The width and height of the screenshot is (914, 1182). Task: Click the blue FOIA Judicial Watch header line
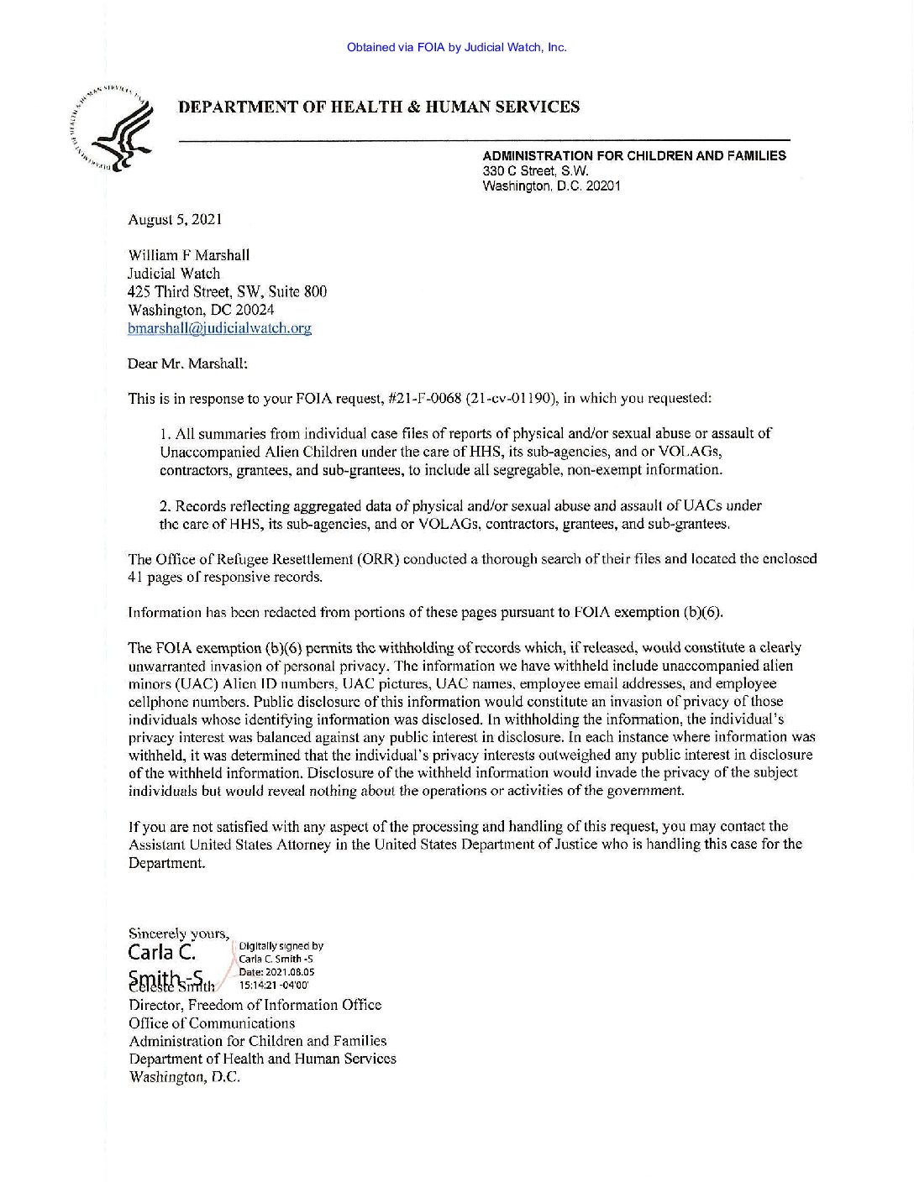[x=456, y=48]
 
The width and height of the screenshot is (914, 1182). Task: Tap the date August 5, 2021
[x=175, y=220]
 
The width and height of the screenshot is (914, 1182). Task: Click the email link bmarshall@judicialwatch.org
[x=219, y=328]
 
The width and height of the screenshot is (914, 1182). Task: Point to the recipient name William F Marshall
[x=188, y=255]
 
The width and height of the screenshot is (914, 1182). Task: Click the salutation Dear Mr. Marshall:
[x=187, y=363]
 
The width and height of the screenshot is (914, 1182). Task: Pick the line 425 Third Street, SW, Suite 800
[x=227, y=292]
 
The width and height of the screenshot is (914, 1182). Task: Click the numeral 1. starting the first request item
[x=165, y=434]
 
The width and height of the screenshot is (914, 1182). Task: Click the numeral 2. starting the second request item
[x=165, y=506]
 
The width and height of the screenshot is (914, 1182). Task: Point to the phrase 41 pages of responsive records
[x=224, y=578]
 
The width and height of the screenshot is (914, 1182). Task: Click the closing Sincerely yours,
[x=178, y=934]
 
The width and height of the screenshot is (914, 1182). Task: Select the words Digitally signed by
[x=281, y=946]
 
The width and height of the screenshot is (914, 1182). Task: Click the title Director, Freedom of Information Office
[x=255, y=1005]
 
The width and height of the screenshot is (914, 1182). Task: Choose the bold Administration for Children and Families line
[x=634, y=156]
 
